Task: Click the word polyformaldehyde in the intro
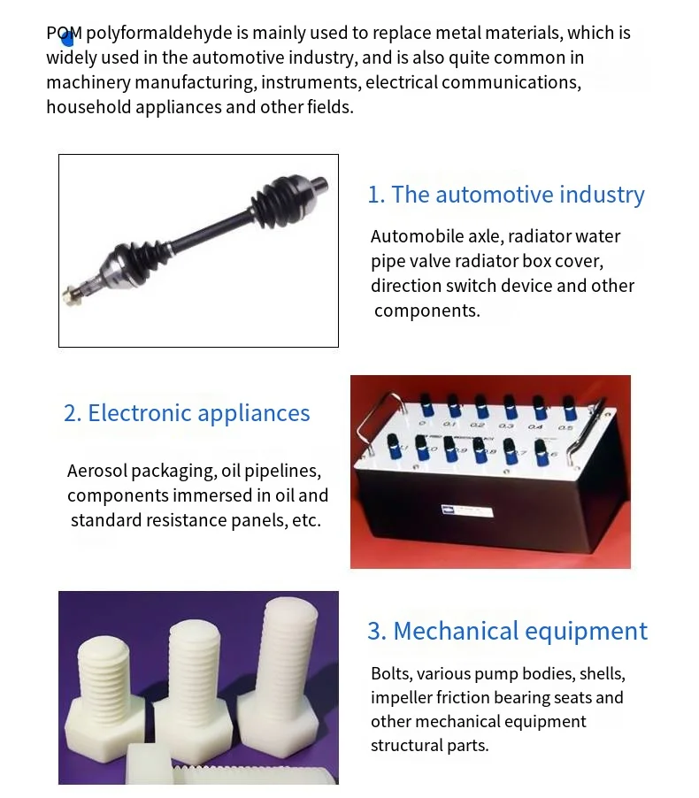coord(158,34)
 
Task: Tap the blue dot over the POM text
coord(67,38)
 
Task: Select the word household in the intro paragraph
coord(87,107)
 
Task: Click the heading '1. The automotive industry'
coord(506,195)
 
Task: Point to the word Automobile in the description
coord(412,236)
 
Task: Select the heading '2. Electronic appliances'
coord(187,413)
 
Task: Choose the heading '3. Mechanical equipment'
coord(507,631)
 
